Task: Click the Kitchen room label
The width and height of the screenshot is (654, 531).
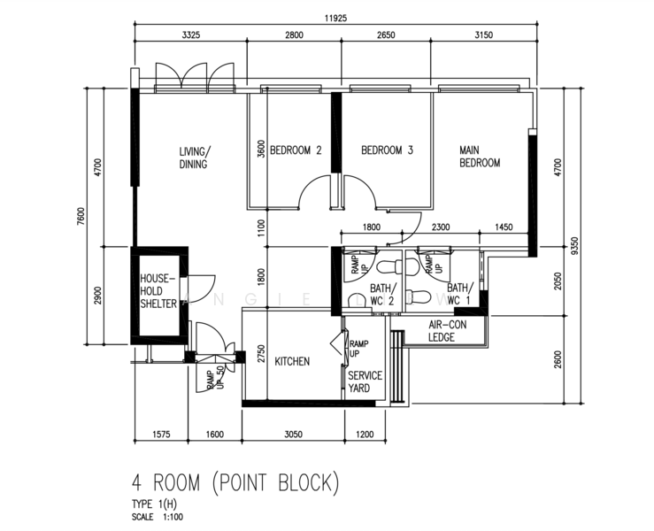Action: click(x=292, y=361)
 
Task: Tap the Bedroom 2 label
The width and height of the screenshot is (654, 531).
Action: click(x=296, y=150)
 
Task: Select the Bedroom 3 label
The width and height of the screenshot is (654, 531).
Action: click(x=387, y=150)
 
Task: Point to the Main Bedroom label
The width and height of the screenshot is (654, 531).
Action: click(x=480, y=157)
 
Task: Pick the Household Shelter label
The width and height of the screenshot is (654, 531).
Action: click(x=158, y=291)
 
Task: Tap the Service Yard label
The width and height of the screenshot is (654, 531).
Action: click(x=365, y=381)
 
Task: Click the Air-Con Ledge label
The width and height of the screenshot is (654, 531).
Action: click(x=448, y=331)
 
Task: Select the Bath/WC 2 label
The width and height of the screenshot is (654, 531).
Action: click(x=381, y=294)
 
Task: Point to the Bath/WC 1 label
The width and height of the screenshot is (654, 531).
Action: click(x=460, y=294)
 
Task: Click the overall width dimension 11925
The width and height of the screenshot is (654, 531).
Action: click(x=335, y=19)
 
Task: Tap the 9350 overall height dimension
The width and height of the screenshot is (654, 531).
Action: click(x=575, y=246)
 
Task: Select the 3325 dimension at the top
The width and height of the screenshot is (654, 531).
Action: click(x=190, y=35)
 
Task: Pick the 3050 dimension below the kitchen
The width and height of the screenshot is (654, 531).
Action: click(x=293, y=435)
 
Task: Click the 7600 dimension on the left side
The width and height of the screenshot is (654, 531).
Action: click(x=81, y=217)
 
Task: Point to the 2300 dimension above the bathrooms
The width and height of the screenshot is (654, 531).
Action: click(x=441, y=227)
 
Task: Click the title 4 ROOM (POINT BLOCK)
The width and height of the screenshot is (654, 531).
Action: click(x=235, y=482)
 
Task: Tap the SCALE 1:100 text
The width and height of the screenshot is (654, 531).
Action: click(x=158, y=517)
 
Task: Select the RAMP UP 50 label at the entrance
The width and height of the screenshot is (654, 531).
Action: click(x=215, y=378)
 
